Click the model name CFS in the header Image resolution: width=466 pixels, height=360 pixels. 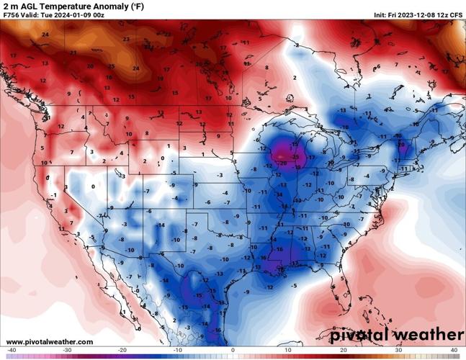[456, 14]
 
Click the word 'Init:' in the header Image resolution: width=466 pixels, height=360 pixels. [381, 14]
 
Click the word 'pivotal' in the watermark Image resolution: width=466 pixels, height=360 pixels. [364, 335]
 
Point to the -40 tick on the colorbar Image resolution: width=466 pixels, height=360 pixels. [12, 351]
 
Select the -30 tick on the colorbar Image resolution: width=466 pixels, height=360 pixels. [67, 351]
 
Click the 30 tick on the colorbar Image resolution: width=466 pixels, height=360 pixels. [398, 351]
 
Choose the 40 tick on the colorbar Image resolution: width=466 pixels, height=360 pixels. [454, 351]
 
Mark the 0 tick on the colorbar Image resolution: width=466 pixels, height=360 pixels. [233, 351]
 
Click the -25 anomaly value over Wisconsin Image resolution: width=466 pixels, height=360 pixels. [296, 156]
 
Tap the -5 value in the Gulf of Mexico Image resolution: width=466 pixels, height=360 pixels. [295, 286]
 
